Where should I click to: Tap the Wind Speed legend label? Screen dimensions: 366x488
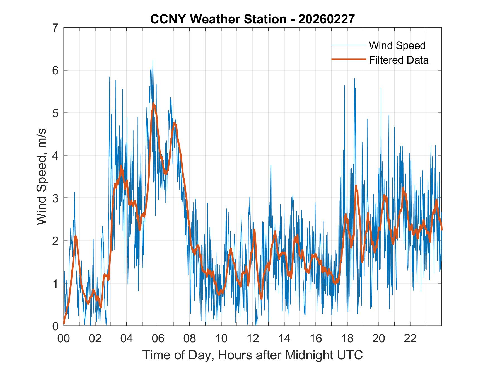pos(397,45)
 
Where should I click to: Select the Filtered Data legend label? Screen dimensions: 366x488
pos(398,60)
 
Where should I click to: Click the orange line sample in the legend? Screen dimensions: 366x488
pos(348,59)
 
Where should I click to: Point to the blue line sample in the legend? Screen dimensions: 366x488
pos(348,45)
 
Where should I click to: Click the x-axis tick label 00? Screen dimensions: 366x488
pos(64,338)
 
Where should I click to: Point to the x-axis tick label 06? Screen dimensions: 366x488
pos(158,338)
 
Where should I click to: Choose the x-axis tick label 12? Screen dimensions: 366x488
pos(253,338)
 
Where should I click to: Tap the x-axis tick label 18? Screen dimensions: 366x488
pos(347,338)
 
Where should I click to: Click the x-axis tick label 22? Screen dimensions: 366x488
pos(410,338)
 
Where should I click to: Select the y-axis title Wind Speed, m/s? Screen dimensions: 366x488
pos(42,177)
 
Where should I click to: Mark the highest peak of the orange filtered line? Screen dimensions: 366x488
pos(153,104)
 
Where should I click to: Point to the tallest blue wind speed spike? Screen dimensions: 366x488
pos(153,61)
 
